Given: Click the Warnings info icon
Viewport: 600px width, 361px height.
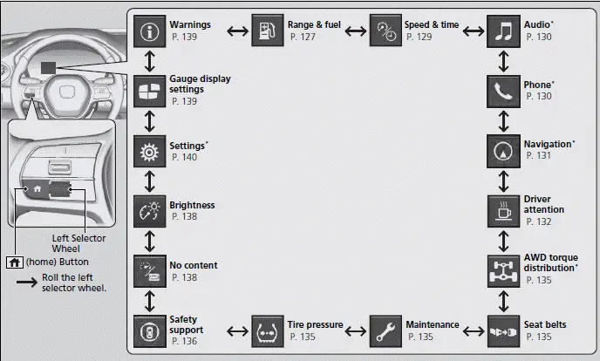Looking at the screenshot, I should pyautogui.click(x=151, y=32).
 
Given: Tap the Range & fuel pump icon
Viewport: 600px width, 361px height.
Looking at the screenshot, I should pyautogui.click(x=268, y=32).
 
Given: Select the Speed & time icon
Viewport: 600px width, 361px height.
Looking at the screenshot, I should pyautogui.click(x=385, y=32).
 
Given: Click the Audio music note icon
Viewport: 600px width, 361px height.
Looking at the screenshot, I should pyautogui.click(x=503, y=32).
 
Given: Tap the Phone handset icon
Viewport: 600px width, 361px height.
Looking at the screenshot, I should pyautogui.click(x=503, y=91).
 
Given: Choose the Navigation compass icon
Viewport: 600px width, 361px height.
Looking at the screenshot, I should pyautogui.click(x=503, y=150).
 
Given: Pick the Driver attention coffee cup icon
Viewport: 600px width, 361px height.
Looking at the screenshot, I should pyautogui.click(x=503, y=210).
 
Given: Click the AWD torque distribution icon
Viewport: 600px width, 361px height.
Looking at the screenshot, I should pyautogui.click(x=503, y=269).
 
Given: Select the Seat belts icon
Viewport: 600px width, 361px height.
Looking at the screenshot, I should pyautogui.click(x=503, y=330).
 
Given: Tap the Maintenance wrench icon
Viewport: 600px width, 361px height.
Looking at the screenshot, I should pyautogui.click(x=385, y=330).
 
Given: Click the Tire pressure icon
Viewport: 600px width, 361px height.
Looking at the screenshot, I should pyautogui.click(x=268, y=330).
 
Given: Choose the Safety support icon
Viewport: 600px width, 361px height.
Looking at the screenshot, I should pyautogui.click(x=151, y=330).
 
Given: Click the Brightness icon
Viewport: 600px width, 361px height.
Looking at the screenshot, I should pyautogui.click(x=151, y=210).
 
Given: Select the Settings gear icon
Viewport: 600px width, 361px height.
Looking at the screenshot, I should pyautogui.click(x=151, y=150).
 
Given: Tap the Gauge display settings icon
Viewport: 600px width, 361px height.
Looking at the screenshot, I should pyautogui.click(x=151, y=91).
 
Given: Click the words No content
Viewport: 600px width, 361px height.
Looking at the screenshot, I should pyautogui.click(x=193, y=265).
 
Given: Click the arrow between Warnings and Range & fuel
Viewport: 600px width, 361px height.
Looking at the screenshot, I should pyautogui.click(x=234, y=32).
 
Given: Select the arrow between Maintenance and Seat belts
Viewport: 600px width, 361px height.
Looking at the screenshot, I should pyautogui.click(x=471, y=330).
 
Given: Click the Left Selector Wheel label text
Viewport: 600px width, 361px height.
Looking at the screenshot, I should pyautogui.click(x=78, y=243).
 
